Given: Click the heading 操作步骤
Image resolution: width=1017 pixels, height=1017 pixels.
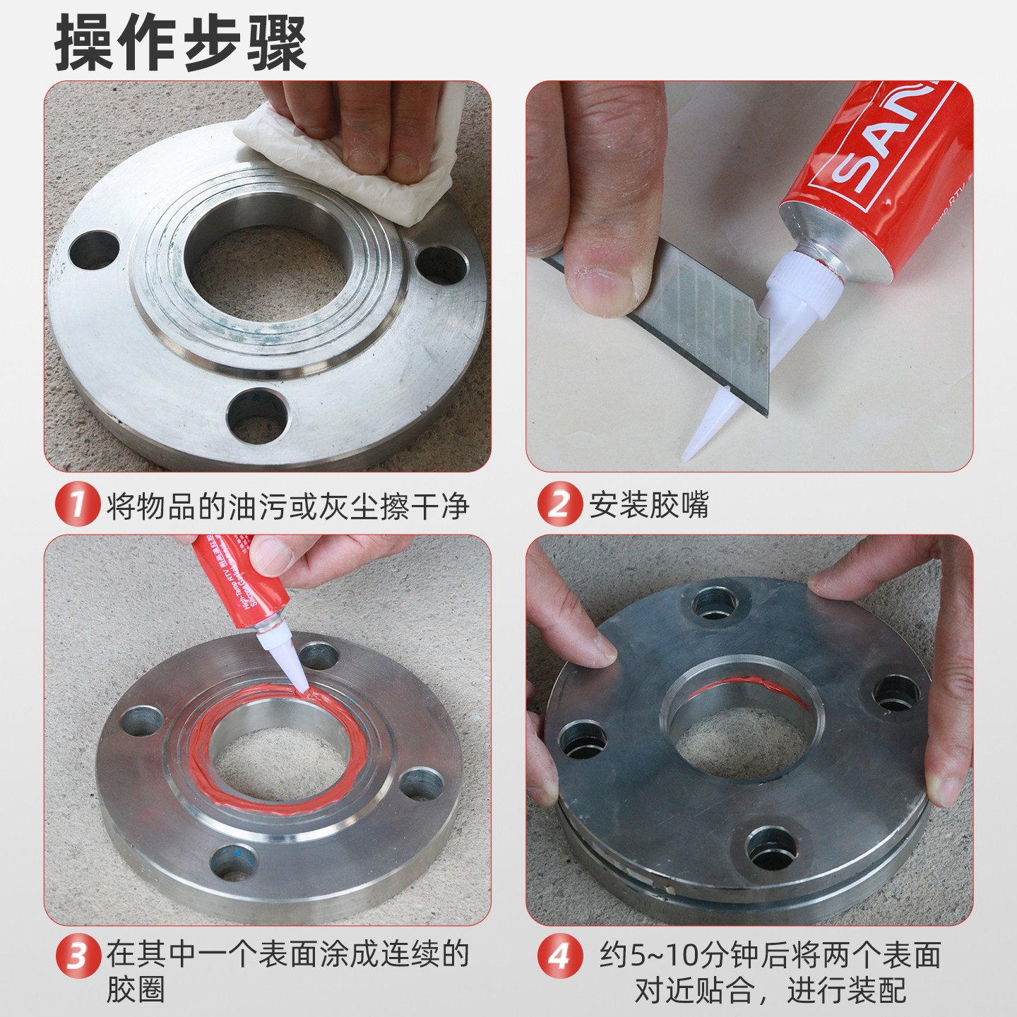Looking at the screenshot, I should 180,44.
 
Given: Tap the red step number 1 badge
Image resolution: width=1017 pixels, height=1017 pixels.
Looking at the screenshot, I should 77,504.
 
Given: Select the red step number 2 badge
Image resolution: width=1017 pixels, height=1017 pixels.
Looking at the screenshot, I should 559,504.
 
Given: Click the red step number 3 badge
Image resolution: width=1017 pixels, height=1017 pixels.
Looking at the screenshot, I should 77,956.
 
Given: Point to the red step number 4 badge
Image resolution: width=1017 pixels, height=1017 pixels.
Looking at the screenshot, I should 559,956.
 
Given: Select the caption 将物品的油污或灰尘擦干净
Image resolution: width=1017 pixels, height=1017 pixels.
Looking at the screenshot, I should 287,506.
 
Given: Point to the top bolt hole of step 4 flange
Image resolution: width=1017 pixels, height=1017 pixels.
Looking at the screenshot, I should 713,605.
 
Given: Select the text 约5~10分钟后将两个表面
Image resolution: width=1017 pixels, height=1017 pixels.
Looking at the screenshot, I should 770,955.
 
